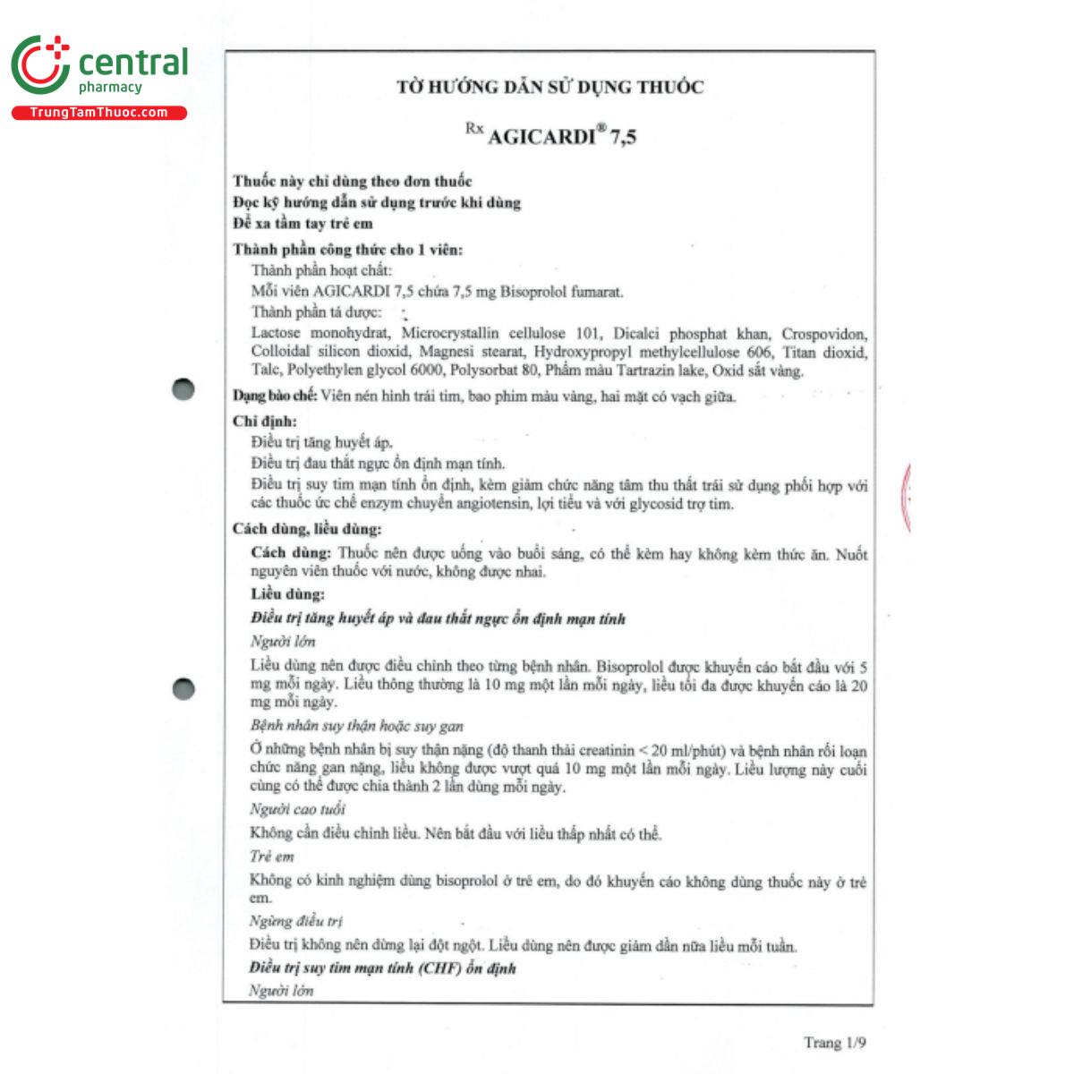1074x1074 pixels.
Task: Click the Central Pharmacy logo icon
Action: point(40,64)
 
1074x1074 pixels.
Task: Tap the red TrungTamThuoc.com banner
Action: point(98,113)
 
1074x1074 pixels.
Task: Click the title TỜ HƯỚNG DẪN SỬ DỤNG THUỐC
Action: point(550,87)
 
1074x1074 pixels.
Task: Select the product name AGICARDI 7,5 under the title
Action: point(561,137)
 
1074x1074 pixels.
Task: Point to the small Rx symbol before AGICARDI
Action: point(473,129)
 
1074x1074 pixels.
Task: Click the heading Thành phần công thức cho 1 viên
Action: point(347,250)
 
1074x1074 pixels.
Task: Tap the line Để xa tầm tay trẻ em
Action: point(303,224)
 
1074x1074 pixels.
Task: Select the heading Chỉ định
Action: point(264,421)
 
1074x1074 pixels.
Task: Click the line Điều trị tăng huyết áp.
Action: point(321,442)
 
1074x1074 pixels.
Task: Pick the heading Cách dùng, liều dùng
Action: point(306,529)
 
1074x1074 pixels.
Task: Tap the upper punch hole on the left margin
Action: point(183,389)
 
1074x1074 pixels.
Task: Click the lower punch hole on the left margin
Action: point(183,688)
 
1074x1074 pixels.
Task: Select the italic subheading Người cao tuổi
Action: point(297,810)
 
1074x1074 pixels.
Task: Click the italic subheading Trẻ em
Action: point(272,857)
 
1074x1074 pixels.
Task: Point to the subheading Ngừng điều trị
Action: point(295,921)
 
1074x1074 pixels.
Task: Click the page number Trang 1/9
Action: point(834,1043)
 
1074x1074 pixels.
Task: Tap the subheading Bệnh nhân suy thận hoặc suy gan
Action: point(356,726)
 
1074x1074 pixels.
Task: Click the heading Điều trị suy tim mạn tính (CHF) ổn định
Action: point(382,968)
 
